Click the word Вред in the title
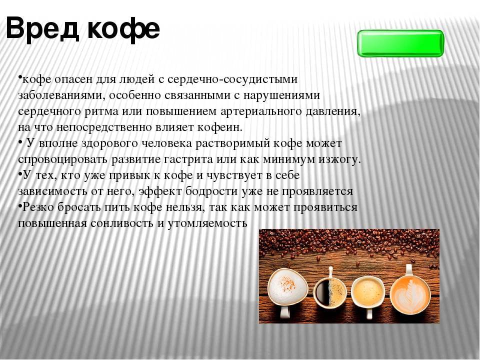[43, 28]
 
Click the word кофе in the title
[123, 28]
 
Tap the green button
[400, 43]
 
